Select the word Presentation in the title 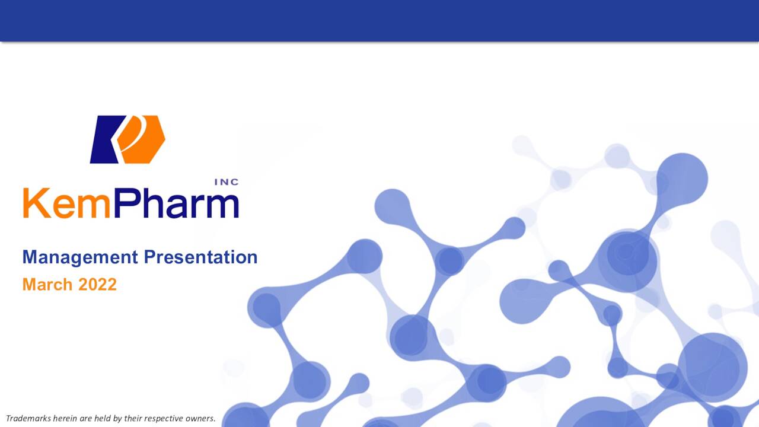(200, 257)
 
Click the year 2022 (97, 285)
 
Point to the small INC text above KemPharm (226, 182)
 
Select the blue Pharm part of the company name (176, 203)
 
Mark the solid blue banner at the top (379, 21)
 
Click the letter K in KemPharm (35, 203)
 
